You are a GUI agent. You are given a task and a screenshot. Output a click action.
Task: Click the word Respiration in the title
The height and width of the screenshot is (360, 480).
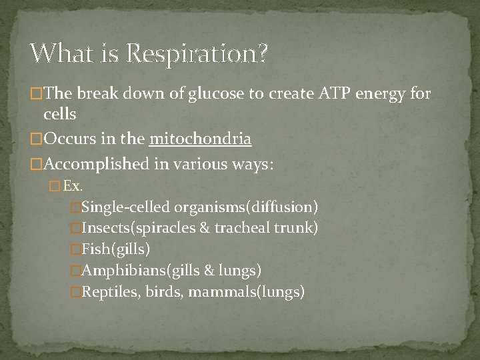[x=193, y=53]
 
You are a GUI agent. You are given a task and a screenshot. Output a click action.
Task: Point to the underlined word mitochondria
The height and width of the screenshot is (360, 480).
[x=201, y=139]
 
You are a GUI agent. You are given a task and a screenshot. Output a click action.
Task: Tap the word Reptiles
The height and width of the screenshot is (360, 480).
[x=109, y=291]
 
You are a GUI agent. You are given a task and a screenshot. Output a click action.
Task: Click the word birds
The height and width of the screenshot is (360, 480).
[x=161, y=291]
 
